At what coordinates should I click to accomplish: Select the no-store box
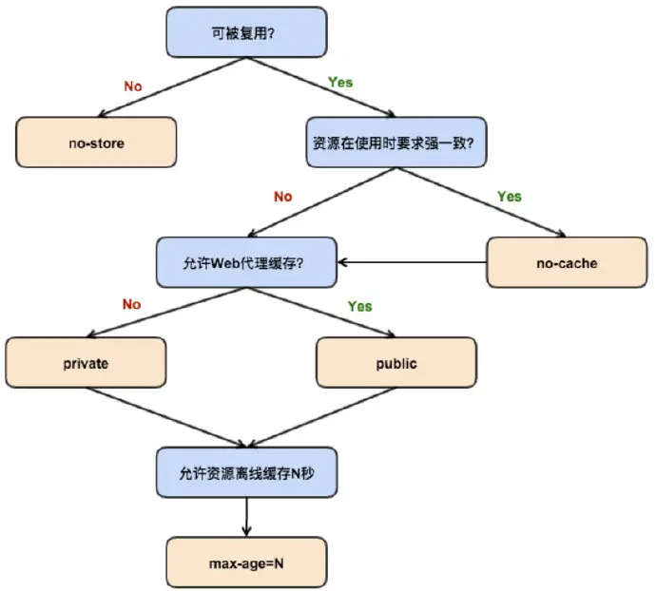coord(96,143)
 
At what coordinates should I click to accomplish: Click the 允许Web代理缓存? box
coord(246,261)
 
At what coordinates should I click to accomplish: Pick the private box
coord(86,363)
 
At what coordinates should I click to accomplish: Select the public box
coord(396,363)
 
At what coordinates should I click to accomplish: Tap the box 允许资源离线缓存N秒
coord(246,471)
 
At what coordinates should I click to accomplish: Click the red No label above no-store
coord(133,86)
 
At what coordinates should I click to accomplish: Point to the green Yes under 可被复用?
coord(339,82)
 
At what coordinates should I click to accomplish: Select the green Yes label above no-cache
coord(510,196)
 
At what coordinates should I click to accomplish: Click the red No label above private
coord(132,305)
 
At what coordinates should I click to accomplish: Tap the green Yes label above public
coord(359,306)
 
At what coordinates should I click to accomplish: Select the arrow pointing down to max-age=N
coord(246,517)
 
